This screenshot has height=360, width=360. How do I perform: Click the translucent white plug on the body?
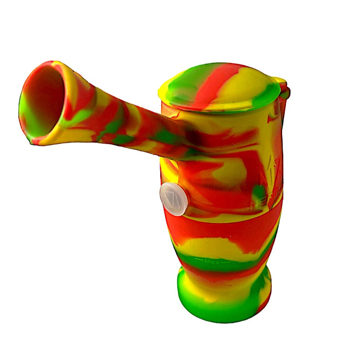[173, 199]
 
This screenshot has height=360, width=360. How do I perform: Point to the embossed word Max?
[211, 260]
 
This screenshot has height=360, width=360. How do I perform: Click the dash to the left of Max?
[199, 260]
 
